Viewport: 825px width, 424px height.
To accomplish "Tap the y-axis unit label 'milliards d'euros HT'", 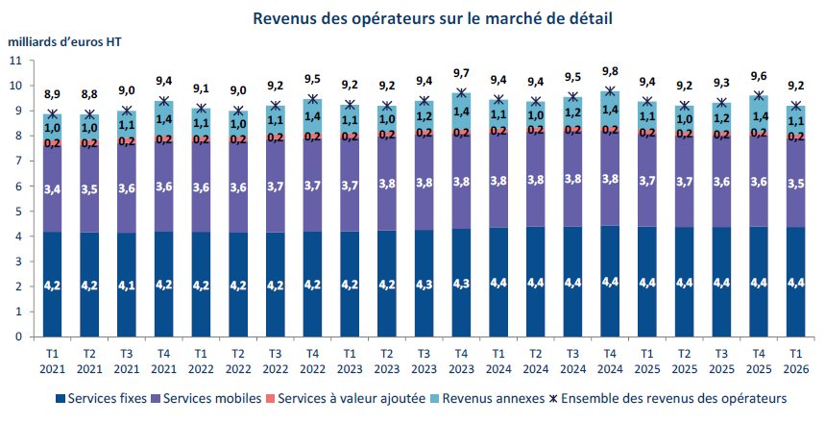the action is [64, 42].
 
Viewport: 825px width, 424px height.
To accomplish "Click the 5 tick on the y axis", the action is [19, 212].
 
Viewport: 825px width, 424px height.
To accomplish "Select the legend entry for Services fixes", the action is [101, 398].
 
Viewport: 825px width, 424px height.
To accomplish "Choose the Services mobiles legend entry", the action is [206, 398].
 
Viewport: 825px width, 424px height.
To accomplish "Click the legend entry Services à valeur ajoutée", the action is [346, 398].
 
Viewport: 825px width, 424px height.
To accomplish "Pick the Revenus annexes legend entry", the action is [487, 398].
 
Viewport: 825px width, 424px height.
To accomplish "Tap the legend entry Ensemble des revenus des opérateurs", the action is [668, 398].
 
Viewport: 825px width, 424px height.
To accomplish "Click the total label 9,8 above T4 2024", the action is [610, 72].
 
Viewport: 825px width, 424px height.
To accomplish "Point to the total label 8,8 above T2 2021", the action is [89, 95].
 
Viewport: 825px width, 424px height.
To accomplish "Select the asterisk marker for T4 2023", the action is [461, 93].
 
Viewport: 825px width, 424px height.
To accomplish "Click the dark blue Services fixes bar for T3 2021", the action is [127, 285].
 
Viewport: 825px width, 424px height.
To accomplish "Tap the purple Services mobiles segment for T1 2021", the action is [53, 188].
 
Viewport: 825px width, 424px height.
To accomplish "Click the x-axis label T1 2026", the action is [796, 362].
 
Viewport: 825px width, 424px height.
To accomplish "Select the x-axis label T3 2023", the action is [425, 362].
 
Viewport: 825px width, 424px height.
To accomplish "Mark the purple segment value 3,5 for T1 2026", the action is [796, 184].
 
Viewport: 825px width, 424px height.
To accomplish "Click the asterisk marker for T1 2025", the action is [647, 102].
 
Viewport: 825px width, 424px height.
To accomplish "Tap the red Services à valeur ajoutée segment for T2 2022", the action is [238, 139].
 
